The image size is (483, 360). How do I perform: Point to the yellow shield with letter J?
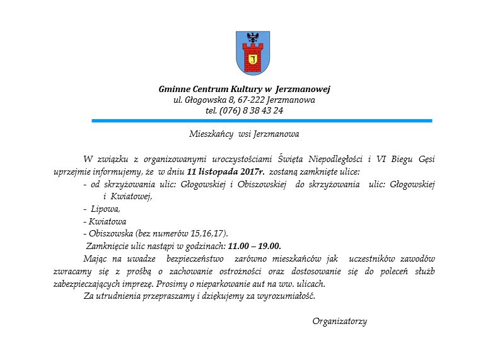click(x=252, y=60)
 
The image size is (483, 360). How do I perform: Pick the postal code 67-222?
click(x=250, y=100)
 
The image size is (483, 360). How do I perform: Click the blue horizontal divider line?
click(x=262, y=120)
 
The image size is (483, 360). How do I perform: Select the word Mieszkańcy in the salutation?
click(x=209, y=134)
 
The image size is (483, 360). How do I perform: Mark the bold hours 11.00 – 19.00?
click(x=254, y=246)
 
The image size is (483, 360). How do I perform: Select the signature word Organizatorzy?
click(x=339, y=322)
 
